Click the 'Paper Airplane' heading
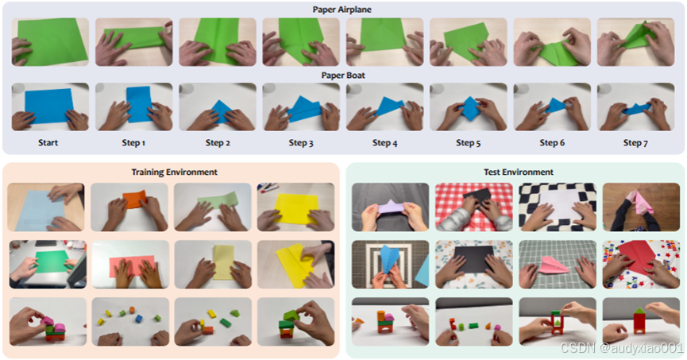pos(342,10)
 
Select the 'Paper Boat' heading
pos(343,75)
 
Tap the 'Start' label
pos(48,142)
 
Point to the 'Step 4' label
pos(384,142)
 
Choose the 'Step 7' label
pos(635,142)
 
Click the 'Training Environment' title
pos(175,172)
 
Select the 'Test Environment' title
pos(519,172)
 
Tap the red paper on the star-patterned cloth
pos(639,256)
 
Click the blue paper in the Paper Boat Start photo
pos(49,106)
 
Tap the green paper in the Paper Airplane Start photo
pos(52,41)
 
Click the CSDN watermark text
pos(622,348)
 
